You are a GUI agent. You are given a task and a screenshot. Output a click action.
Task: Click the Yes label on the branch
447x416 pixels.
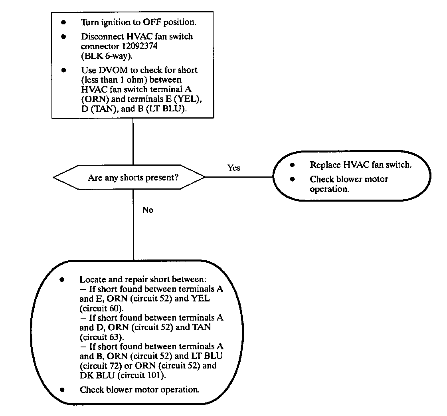234,168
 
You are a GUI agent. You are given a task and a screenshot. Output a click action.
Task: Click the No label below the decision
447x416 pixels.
148,210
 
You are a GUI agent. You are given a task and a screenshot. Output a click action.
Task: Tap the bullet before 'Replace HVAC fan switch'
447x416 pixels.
292,165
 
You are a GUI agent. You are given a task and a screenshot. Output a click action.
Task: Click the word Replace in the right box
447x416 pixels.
323,165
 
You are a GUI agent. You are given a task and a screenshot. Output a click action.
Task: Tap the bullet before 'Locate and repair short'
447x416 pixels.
62,279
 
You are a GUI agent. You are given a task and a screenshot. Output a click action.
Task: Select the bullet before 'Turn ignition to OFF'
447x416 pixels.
63,23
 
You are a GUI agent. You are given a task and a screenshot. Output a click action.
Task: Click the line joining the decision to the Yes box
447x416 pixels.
239,176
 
